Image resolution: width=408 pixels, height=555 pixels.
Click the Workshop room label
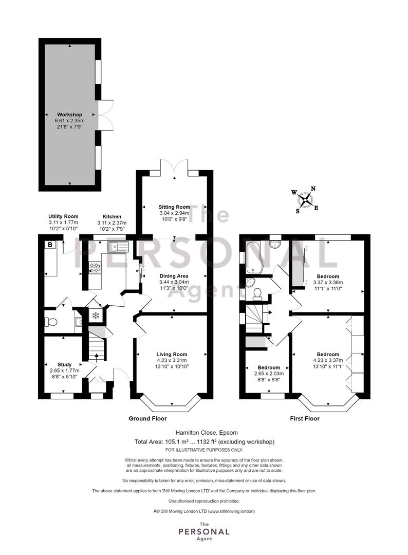pyautogui.click(x=69, y=115)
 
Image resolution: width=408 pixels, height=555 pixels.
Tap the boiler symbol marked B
pyautogui.click(x=50, y=245)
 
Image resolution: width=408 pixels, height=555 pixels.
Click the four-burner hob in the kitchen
pyautogui.click(x=95, y=268)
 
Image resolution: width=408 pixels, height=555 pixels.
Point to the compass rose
pyautogui.click(x=305, y=200)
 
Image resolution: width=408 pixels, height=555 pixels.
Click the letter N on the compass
pyautogui.click(x=313, y=189)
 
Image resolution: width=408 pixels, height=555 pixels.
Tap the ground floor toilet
pyautogui.click(x=50, y=322)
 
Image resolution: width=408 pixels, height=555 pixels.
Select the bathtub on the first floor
pyautogui.click(x=254, y=258)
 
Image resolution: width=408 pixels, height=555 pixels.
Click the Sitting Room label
pyautogui.click(x=174, y=207)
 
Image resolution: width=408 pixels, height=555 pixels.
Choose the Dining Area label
pyautogui.click(x=174, y=276)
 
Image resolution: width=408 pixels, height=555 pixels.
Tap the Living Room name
pyautogui.click(x=172, y=354)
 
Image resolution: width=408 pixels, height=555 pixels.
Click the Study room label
pyautogui.click(x=64, y=364)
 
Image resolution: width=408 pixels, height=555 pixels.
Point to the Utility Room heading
pyautogui.click(x=63, y=216)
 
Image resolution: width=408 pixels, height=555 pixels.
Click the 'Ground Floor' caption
pyautogui.click(x=147, y=418)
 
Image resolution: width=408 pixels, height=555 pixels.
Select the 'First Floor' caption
pyautogui.click(x=305, y=418)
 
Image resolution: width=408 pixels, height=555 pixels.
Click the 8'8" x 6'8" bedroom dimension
pyautogui.click(x=269, y=379)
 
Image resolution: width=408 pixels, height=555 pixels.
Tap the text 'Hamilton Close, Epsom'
pyautogui.click(x=207, y=433)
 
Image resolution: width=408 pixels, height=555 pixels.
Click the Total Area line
pyautogui.click(x=205, y=442)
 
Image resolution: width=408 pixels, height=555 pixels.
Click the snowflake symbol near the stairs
pyautogui.click(x=95, y=316)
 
